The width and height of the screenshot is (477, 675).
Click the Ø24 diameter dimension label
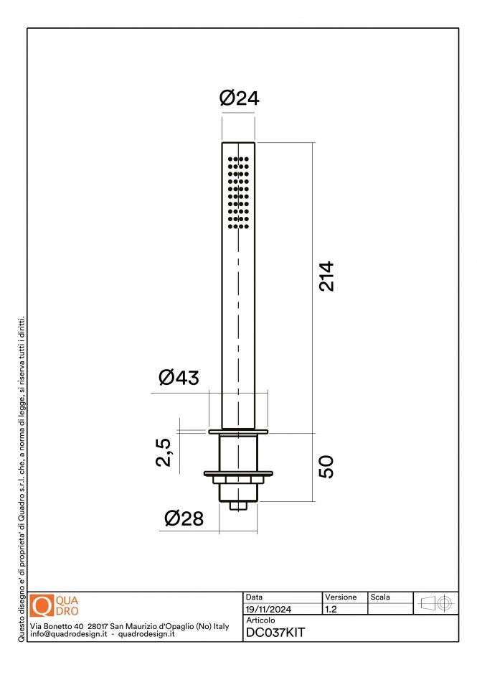coord(239,99)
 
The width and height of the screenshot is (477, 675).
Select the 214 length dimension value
coord(327,276)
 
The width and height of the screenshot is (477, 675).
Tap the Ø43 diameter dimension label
coord(179,377)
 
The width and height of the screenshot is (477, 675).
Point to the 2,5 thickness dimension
coord(164,453)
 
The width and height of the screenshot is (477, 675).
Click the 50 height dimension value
coord(327,467)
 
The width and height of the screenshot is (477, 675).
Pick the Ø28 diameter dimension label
coord(184,518)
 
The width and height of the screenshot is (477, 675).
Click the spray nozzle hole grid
coord(239,192)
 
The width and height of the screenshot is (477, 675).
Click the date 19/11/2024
coord(268,609)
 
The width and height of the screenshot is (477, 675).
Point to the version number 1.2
coord(331,609)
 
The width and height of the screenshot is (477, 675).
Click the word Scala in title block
coord(380,597)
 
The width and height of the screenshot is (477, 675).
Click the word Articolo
coord(260,620)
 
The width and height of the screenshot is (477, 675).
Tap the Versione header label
coord(341,597)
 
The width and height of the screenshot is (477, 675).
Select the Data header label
coord(254,597)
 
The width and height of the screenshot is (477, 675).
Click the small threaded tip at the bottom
coord(239,506)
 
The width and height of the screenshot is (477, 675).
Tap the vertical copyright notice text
coord(21,474)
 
